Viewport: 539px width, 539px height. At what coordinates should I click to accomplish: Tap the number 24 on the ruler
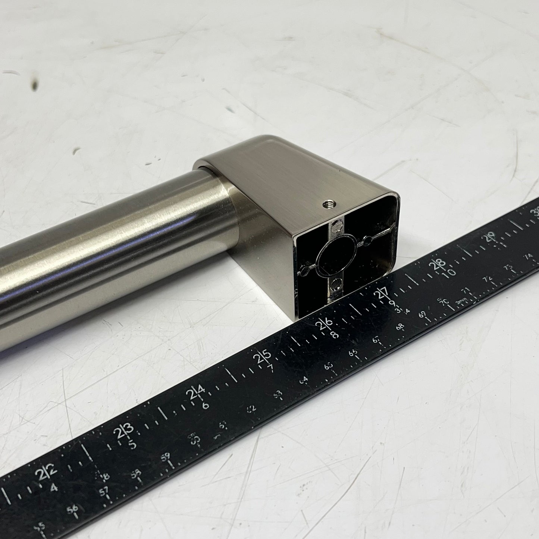[197, 394]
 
